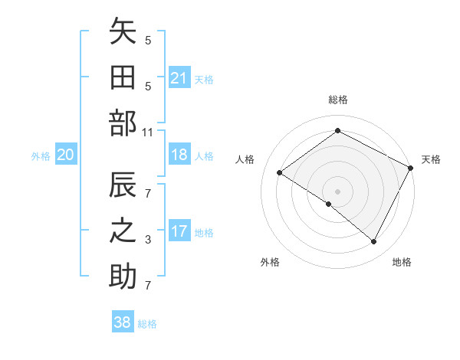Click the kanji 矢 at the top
point(123,33)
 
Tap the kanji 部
point(123,123)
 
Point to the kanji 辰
point(123,187)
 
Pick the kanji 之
point(123,232)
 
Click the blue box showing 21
point(179,78)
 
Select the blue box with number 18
point(179,155)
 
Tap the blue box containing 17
point(179,232)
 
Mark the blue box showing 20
point(66,155)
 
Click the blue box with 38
point(123,322)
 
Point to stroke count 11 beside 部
point(148,133)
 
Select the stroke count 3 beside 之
point(148,241)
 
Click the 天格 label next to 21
point(204,79)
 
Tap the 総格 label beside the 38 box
point(147,323)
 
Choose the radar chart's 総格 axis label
point(337,100)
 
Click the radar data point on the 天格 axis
point(411,167)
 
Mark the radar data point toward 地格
point(374,242)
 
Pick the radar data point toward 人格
point(280,173)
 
